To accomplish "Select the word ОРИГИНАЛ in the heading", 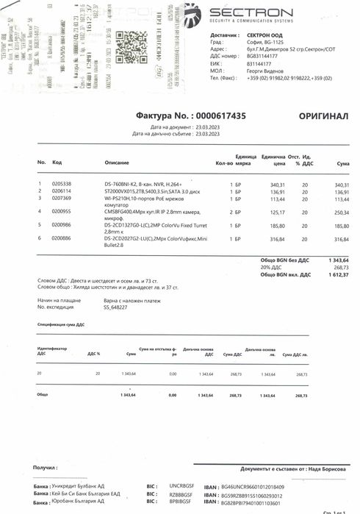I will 323,116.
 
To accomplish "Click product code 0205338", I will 62,183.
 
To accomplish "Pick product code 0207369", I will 62,199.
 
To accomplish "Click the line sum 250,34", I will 342,211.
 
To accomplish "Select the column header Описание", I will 116,162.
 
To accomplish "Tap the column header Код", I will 57,162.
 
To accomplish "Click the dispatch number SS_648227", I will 117,307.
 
